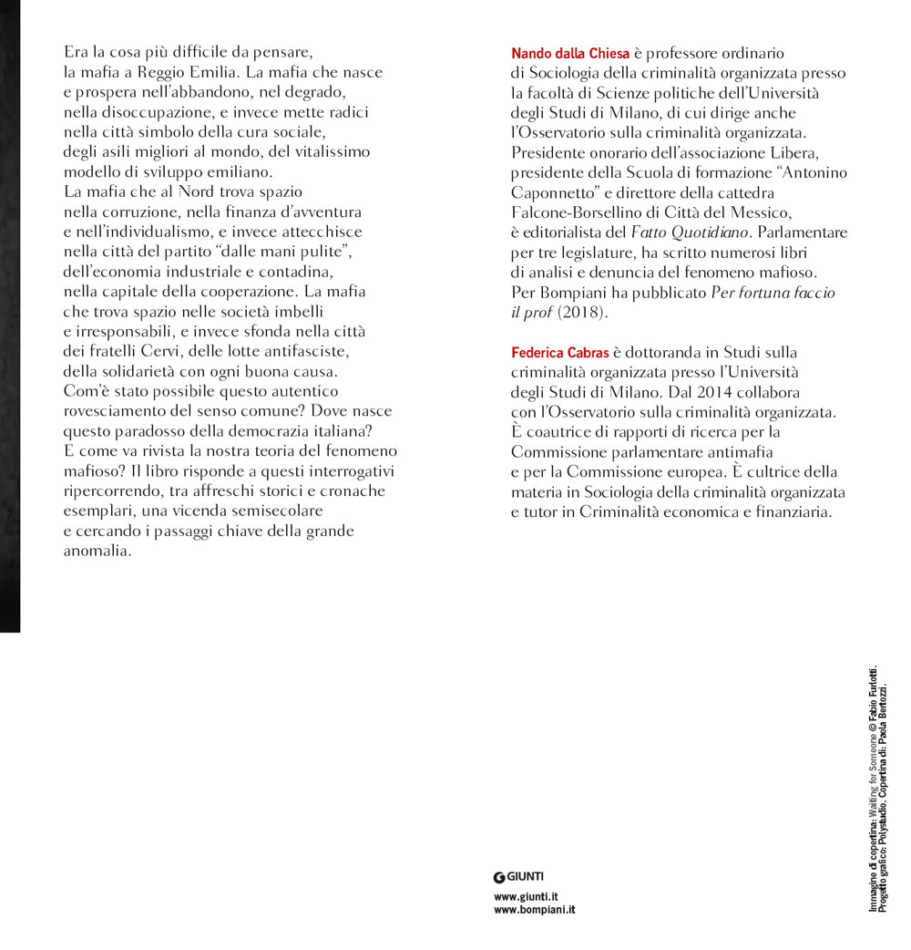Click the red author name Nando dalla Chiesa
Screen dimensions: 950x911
[x=570, y=55]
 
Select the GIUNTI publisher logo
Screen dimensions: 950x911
[x=518, y=877]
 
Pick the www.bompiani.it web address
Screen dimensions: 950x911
[x=534, y=910]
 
